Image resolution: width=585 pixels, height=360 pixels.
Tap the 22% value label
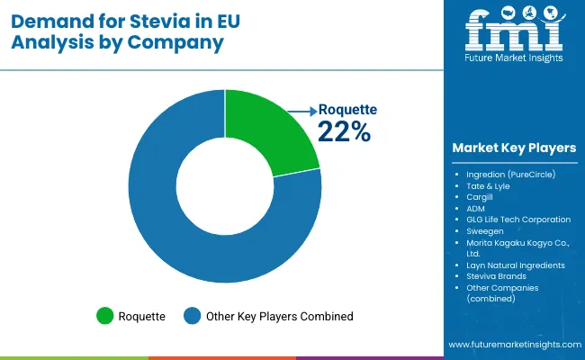click(x=344, y=131)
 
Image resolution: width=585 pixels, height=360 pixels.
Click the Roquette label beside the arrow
click(x=347, y=110)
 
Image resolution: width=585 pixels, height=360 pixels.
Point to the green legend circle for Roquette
click(x=106, y=316)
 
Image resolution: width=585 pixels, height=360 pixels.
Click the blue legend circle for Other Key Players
click(x=191, y=316)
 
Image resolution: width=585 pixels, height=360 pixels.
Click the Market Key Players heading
click(x=515, y=148)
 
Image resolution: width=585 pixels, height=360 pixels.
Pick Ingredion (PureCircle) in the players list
click(x=511, y=173)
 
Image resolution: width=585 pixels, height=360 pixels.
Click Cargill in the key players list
click(x=480, y=196)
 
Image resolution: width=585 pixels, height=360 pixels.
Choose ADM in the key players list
click(x=476, y=208)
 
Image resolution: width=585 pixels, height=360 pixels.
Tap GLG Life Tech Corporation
click(x=518, y=220)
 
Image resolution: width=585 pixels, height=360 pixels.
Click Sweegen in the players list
click(x=485, y=231)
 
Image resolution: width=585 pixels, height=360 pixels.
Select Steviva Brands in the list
click(x=496, y=276)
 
